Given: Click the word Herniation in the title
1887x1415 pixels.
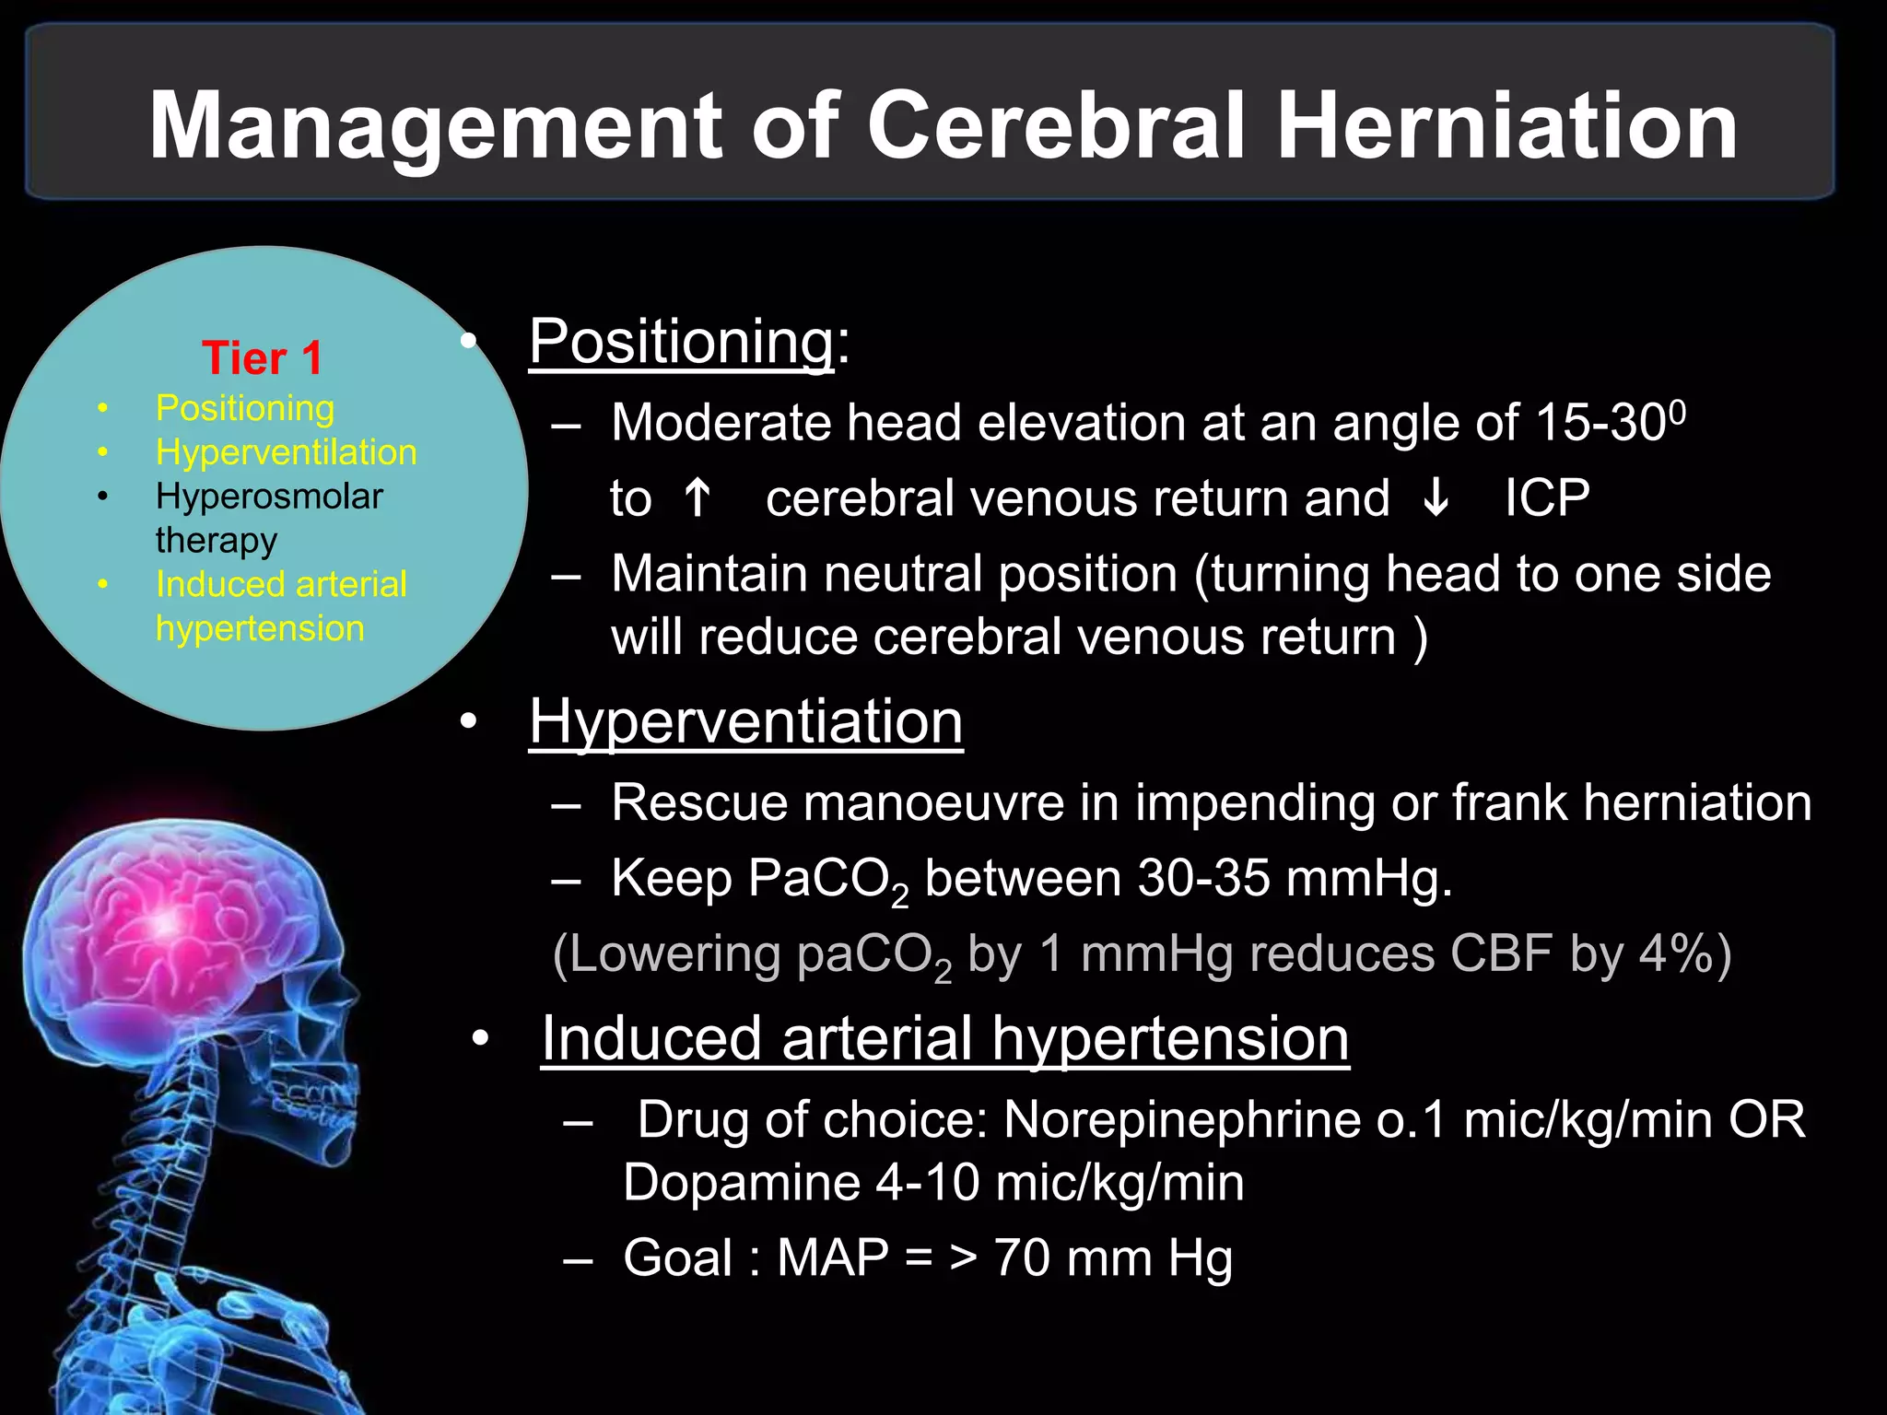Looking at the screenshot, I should pos(1507,127).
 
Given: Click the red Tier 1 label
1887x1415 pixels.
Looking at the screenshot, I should pos(263,358).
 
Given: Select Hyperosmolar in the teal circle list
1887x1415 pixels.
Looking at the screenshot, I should pos(269,497).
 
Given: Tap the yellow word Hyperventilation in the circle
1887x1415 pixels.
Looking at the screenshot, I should pos(286,452).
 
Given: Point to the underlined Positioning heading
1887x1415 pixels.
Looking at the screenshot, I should pos(682,342).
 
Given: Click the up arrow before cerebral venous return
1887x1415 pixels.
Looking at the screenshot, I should pos(697,498).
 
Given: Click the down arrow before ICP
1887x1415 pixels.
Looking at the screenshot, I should pos(1436,498).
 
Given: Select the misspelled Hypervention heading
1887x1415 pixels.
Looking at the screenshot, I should pos(745,721).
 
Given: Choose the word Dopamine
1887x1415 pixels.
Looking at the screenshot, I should pos(742,1183).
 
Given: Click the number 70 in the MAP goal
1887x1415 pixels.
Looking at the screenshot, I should pos(1022,1258).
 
